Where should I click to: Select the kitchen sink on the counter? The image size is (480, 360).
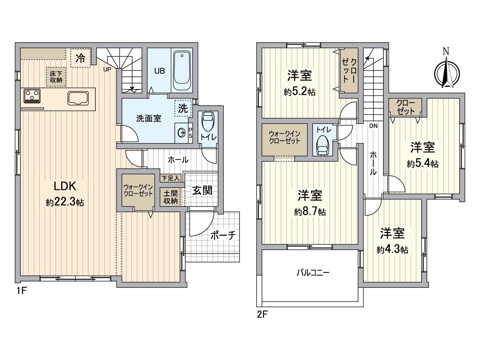(x=78, y=98)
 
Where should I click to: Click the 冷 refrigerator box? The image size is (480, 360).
(x=80, y=58)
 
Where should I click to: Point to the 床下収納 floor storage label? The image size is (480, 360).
(x=56, y=76)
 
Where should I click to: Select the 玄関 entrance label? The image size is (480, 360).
(x=202, y=190)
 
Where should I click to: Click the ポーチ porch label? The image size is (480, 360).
(x=223, y=235)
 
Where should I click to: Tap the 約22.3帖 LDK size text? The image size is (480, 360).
(x=65, y=202)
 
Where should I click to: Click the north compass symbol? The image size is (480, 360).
(x=447, y=73)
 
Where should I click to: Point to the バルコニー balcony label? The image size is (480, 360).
(x=313, y=273)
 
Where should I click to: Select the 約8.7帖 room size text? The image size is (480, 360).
(x=310, y=212)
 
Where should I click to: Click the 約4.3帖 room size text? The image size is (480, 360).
(x=392, y=250)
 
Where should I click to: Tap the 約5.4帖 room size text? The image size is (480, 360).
(x=423, y=164)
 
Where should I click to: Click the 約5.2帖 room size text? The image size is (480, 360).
(x=299, y=92)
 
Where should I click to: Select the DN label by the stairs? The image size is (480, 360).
(x=373, y=126)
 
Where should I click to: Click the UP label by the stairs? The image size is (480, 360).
(x=107, y=69)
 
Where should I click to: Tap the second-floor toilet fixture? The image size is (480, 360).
(x=322, y=145)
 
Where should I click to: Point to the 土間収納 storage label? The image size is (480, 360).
(x=170, y=197)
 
